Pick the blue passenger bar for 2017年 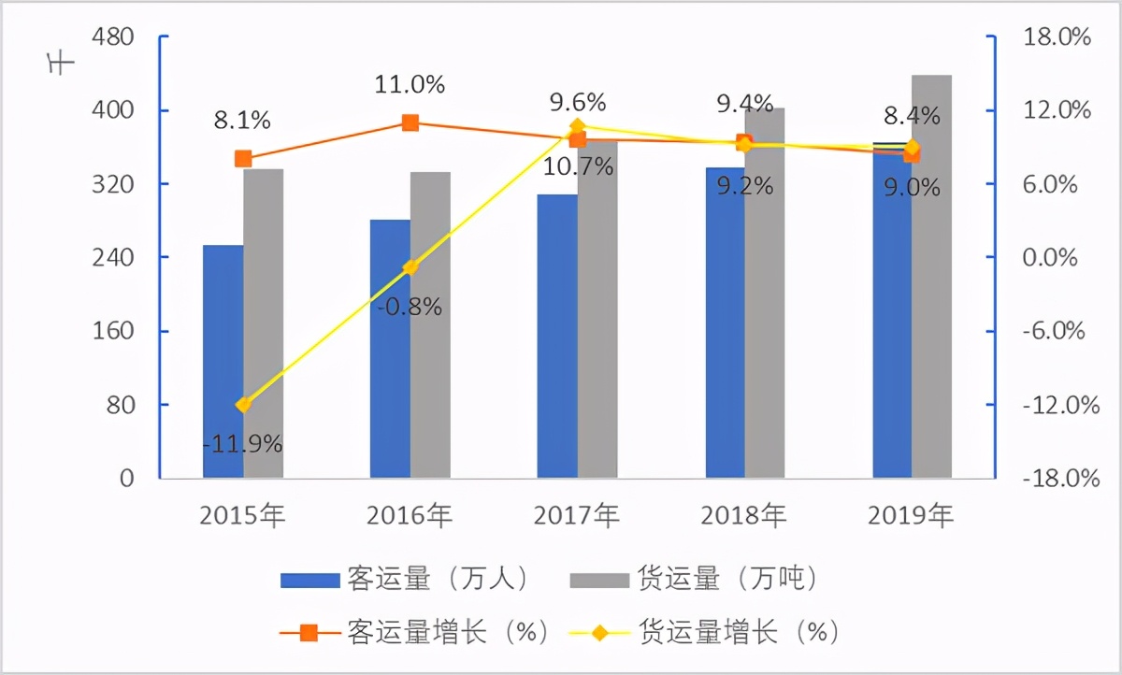[557, 337]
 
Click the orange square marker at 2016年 [410, 122]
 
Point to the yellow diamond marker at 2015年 [243, 405]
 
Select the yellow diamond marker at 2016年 [410, 268]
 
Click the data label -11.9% [243, 443]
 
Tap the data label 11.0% [410, 85]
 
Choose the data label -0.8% [410, 306]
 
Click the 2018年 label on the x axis [744, 514]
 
